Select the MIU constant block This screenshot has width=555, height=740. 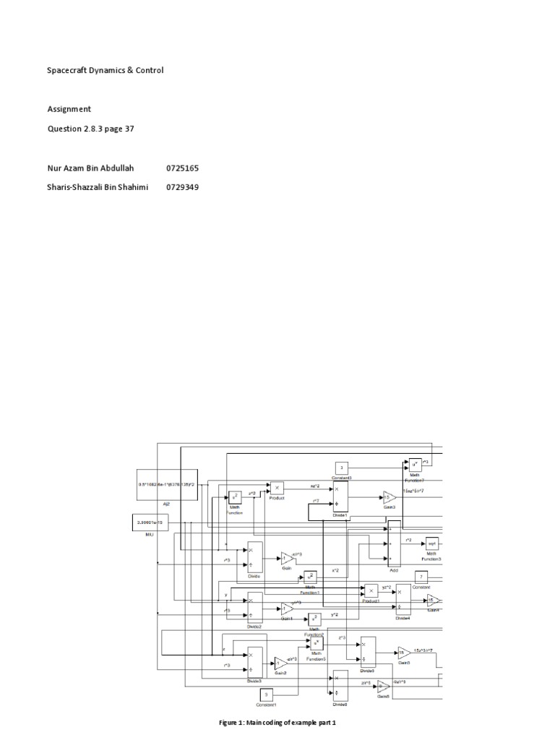click(x=150, y=522)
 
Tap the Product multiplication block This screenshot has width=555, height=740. click(x=277, y=488)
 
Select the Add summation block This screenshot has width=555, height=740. click(x=394, y=543)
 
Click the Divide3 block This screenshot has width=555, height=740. click(x=254, y=661)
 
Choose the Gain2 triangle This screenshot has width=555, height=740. click(x=280, y=662)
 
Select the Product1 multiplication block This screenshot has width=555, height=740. click(x=371, y=590)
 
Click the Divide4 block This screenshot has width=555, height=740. click(x=403, y=599)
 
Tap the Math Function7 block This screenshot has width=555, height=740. click(x=414, y=463)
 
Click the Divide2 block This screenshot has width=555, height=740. click(x=254, y=607)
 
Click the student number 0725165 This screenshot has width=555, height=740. click(x=182, y=168)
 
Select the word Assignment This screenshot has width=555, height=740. click(x=69, y=109)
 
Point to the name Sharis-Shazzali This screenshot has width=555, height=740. click(x=77, y=187)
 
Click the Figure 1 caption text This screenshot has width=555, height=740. click(x=278, y=722)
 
